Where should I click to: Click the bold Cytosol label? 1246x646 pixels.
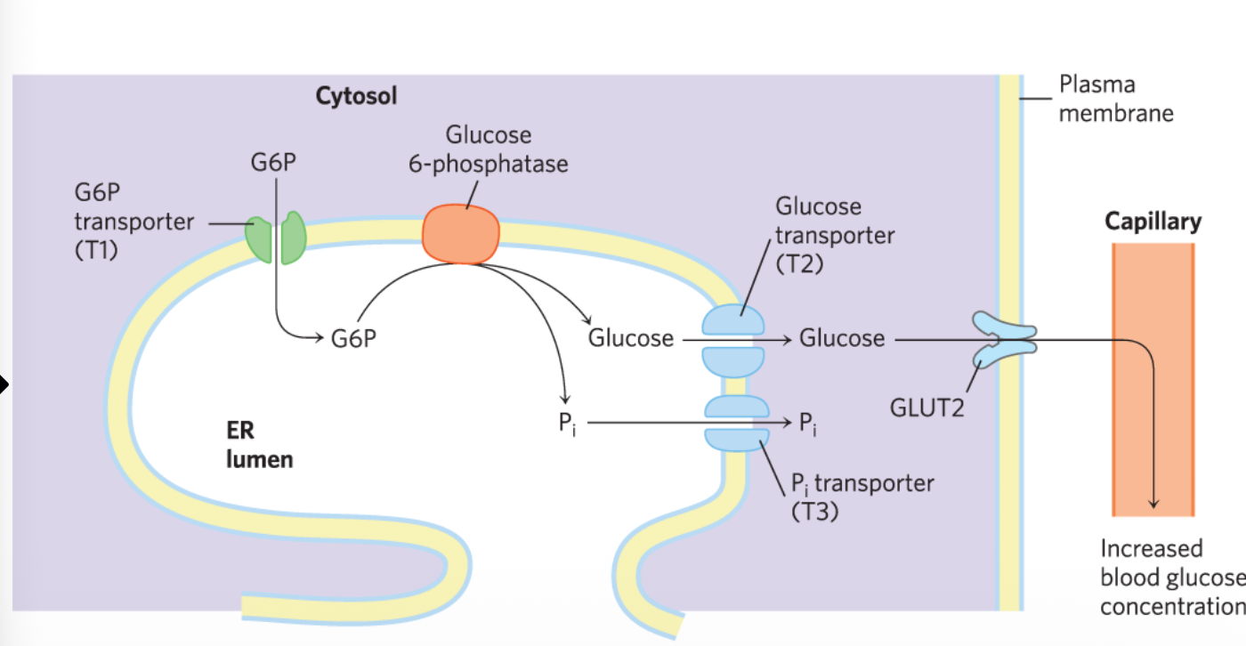[x=356, y=96]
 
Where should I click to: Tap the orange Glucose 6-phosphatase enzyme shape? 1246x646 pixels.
[x=460, y=234]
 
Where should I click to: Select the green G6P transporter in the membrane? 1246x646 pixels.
[x=276, y=239]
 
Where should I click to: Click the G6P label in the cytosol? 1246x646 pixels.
[x=275, y=164]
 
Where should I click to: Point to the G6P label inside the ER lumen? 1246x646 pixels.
[x=354, y=340]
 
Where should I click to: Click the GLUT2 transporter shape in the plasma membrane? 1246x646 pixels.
[x=1004, y=339]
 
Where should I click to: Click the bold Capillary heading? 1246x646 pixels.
[x=1153, y=221]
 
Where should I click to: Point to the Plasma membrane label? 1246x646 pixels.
[x=1115, y=99]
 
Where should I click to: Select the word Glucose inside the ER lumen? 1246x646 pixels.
[x=630, y=339]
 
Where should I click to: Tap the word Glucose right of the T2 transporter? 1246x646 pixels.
[x=842, y=339]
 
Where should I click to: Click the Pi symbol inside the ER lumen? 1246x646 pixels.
[x=567, y=424]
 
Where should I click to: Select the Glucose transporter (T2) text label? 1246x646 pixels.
[x=834, y=236]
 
